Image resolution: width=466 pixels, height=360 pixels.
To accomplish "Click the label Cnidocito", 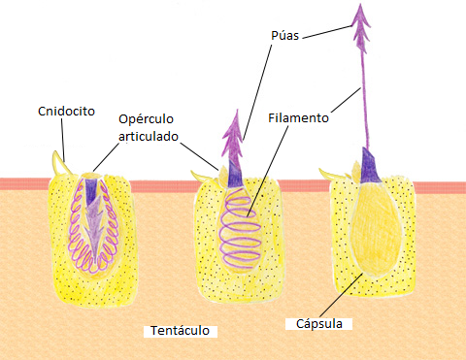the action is pyautogui.click(x=66, y=112).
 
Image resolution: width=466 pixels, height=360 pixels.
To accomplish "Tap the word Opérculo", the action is pyautogui.click(x=146, y=119).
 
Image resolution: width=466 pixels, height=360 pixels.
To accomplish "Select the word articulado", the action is pyautogui.click(x=149, y=136).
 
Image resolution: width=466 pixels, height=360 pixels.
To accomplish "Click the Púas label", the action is pyautogui.click(x=285, y=35).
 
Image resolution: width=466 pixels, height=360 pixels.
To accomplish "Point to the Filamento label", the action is pyautogui.click(x=298, y=117).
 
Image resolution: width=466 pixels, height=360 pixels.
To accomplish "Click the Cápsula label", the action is pyautogui.click(x=319, y=324).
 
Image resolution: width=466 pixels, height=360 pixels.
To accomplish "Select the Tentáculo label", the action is pyautogui.click(x=181, y=331).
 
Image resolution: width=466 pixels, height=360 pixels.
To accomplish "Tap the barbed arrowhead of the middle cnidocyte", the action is pyautogui.click(x=233, y=136).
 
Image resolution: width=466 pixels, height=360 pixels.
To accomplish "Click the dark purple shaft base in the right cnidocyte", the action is pyautogui.click(x=369, y=166).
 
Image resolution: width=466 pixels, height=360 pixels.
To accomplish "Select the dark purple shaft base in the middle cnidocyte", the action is pyautogui.click(x=234, y=174).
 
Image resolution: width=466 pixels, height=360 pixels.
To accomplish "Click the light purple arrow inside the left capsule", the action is pyautogui.click(x=94, y=226).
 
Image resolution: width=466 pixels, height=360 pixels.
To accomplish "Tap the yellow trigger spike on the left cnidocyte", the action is pyautogui.click(x=60, y=163).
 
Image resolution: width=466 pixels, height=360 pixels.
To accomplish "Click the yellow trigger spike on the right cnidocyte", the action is pyautogui.click(x=332, y=174).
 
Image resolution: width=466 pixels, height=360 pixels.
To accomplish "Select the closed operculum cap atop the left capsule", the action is pyautogui.click(x=91, y=176).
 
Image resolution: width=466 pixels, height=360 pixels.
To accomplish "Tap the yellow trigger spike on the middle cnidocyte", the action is pyautogui.click(x=202, y=177).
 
